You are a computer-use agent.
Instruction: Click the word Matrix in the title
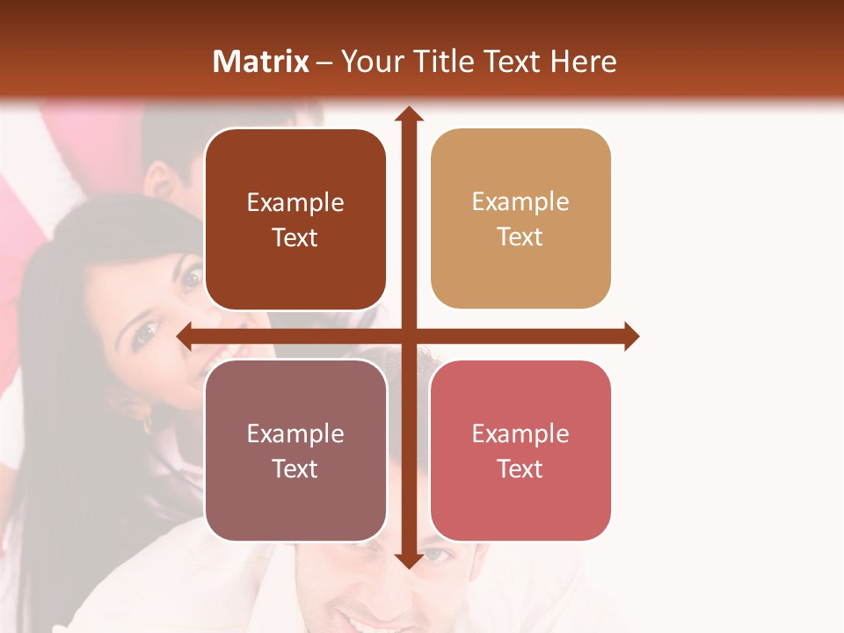(x=261, y=62)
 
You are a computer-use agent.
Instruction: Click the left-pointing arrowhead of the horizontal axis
(x=186, y=336)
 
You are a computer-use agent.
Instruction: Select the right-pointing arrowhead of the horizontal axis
(x=630, y=336)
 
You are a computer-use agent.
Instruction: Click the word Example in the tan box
(x=520, y=202)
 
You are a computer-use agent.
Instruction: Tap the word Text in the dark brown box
(x=295, y=238)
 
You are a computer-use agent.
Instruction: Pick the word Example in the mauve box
(x=295, y=433)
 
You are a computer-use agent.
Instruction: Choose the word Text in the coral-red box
(x=520, y=469)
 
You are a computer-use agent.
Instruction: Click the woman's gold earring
(x=146, y=424)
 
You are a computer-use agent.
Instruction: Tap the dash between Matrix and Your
(x=325, y=62)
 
